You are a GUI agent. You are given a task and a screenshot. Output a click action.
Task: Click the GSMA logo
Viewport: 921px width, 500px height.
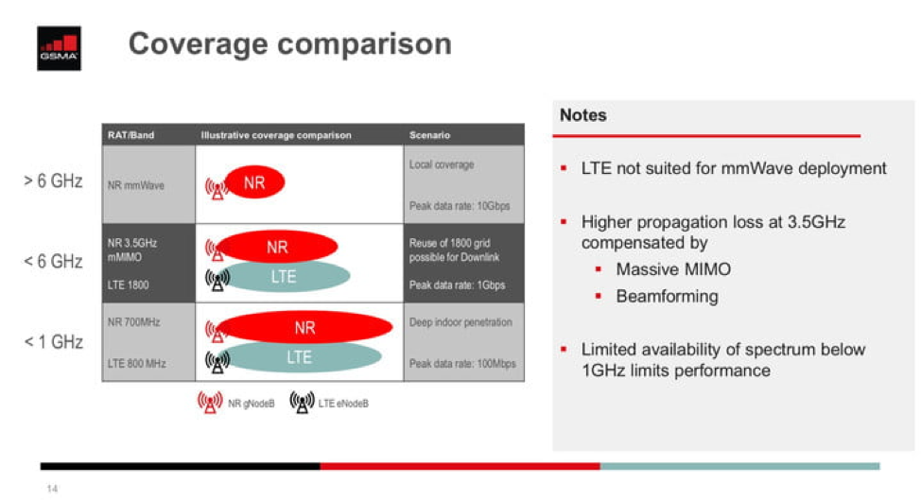click(x=59, y=48)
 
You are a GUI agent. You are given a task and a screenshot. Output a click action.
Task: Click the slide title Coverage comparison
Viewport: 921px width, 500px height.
click(x=289, y=43)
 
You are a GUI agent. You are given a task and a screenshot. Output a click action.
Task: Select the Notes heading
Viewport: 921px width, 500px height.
click(x=583, y=115)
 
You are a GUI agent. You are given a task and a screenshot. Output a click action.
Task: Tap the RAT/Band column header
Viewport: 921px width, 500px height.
click(x=130, y=135)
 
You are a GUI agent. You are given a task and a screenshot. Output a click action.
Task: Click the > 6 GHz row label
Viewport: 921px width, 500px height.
click(x=53, y=181)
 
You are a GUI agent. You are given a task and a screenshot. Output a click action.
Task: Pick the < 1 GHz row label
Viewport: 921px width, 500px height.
click(x=53, y=341)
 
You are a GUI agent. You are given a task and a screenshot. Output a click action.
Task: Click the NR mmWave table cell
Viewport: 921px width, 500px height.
click(x=136, y=185)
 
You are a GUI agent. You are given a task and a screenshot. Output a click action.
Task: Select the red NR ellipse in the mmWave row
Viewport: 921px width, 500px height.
click(x=254, y=183)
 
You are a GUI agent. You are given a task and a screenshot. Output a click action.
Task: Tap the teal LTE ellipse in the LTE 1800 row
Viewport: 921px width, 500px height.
click(x=285, y=276)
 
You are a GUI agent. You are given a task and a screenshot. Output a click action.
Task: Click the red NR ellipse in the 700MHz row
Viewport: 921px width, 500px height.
click(x=304, y=328)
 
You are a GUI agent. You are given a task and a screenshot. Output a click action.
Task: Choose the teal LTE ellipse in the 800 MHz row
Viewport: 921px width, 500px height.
click(x=299, y=357)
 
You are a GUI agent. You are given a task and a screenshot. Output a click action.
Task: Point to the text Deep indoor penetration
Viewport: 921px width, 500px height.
click(x=460, y=322)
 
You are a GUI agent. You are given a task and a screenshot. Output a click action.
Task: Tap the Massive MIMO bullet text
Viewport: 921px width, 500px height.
click(x=673, y=269)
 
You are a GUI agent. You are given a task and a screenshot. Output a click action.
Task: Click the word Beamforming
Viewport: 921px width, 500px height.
click(x=667, y=296)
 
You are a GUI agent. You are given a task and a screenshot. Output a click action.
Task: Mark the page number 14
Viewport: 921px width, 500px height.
click(x=52, y=489)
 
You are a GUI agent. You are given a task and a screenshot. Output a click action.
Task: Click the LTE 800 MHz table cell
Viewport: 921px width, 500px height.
click(x=139, y=363)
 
